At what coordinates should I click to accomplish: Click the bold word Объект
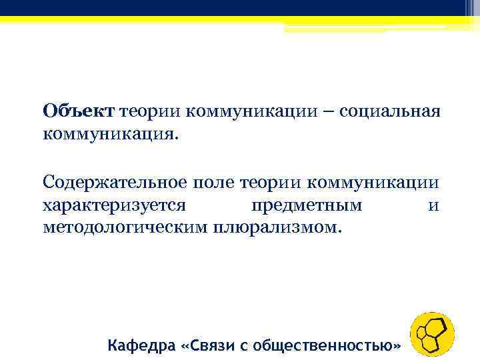[79, 111]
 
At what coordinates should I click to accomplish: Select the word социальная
[390, 111]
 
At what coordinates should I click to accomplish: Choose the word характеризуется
[117, 205]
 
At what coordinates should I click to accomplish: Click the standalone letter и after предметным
[433, 205]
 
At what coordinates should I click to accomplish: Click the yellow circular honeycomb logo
[432, 333]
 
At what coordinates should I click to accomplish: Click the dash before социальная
[327, 111]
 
